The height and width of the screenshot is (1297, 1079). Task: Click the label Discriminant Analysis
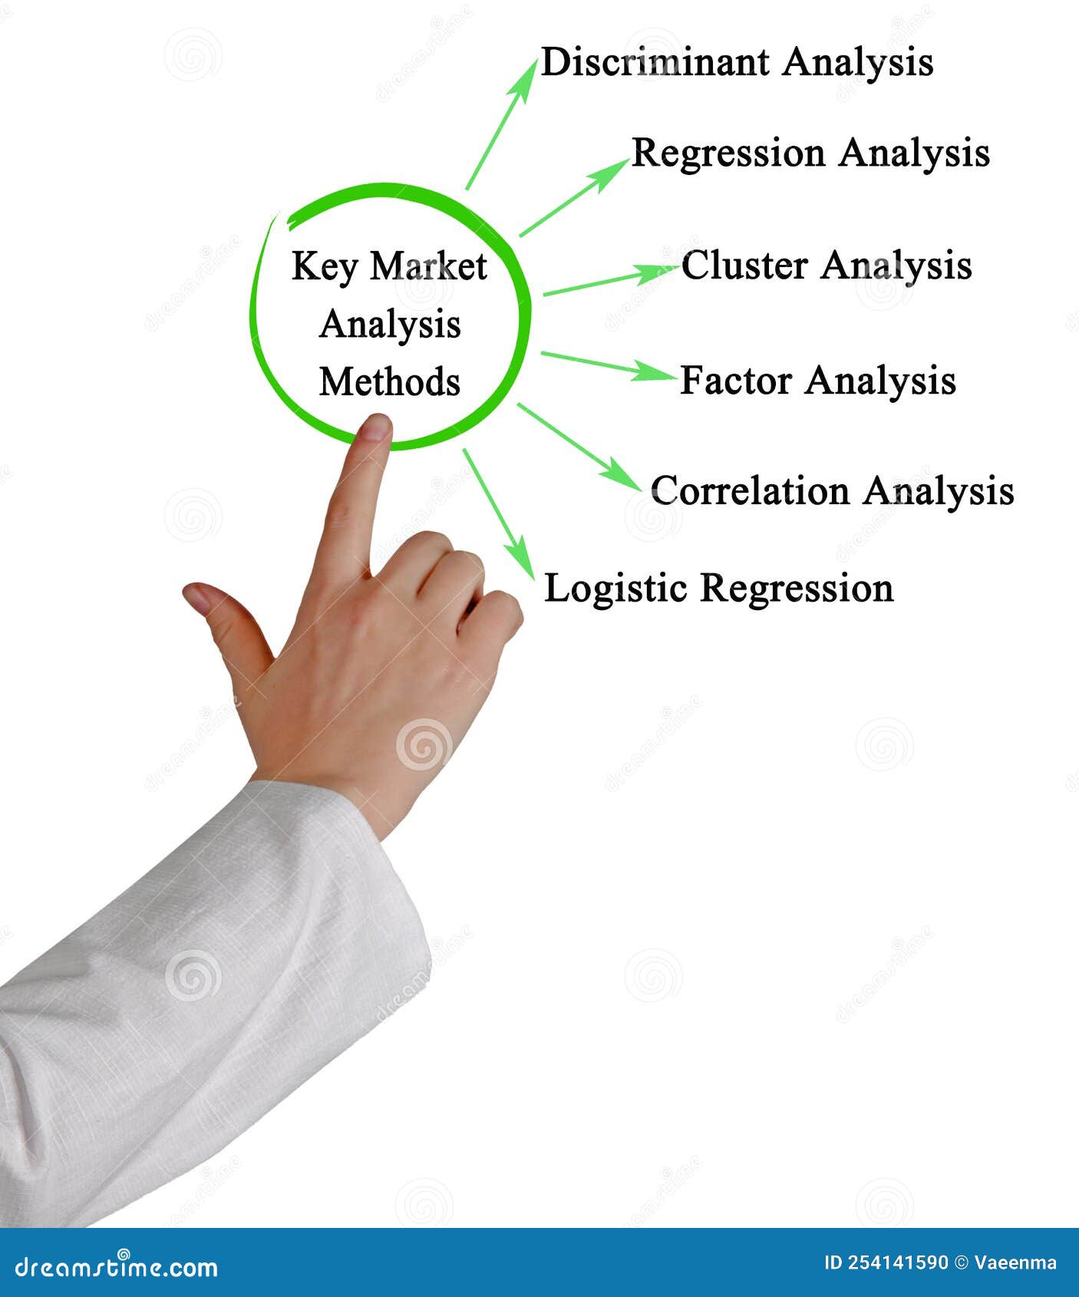point(737,63)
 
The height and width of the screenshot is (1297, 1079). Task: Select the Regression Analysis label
point(810,153)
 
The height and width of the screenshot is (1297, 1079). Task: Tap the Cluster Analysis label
point(827,266)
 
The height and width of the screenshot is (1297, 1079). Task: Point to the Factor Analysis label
point(818,381)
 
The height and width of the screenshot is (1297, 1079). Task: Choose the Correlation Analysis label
point(832,491)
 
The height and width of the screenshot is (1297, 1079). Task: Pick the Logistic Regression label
point(718,589)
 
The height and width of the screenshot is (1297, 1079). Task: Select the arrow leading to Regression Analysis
point(574,198)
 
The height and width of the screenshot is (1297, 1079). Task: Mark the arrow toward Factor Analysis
point(606,365)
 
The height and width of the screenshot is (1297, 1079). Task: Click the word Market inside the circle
point(428,267)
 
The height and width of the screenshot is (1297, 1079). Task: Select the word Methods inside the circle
point(390,382)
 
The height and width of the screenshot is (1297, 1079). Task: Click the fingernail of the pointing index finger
point(375,427)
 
